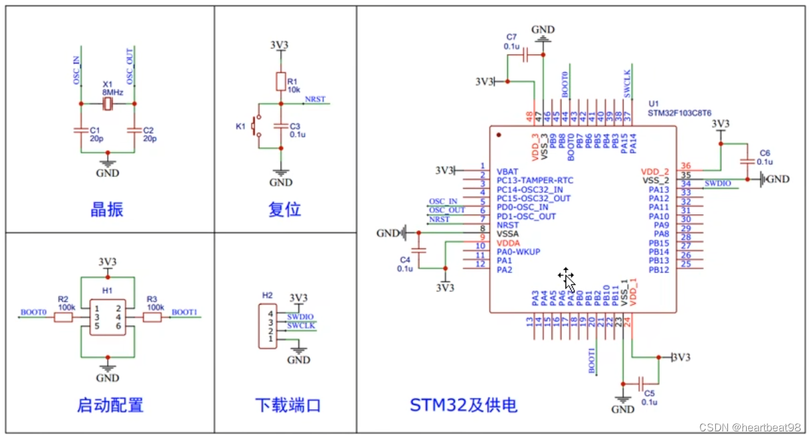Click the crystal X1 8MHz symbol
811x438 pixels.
tap(108, 104)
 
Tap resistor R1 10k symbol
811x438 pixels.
tap(281, 82)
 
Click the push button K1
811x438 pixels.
tap(255, 126)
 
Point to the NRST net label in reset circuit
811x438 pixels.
tap(314, 99)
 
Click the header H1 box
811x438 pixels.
tap(107, 317)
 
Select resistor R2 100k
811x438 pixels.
tap(63, 317)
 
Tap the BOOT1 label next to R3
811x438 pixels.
tap(184, 312)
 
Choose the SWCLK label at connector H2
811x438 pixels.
tap(300, 325)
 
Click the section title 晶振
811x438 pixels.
tap(107, 210)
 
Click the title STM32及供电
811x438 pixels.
tap(463, 405)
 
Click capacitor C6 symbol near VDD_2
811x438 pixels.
tap(747, 161)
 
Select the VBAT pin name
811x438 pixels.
tap(507, 171)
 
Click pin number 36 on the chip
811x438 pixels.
tap(685, 166)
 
